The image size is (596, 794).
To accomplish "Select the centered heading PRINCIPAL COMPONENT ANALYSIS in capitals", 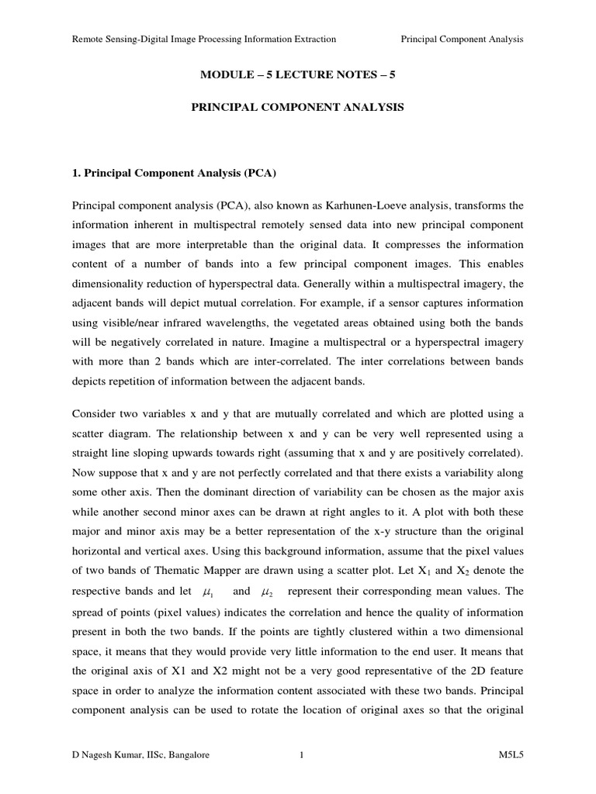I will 298,109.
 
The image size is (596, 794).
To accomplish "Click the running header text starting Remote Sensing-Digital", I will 204,39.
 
